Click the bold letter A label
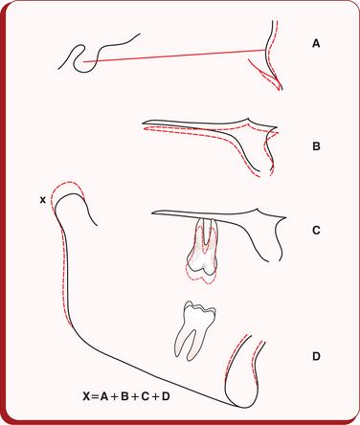tap(316, 43)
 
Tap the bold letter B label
tap(316, 146)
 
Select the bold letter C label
tap(316, 230)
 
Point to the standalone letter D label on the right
tap(316, 356)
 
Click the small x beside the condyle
tap(42, 200)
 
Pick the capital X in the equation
tap(87, 396)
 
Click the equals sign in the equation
tap(95, 396)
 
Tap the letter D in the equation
tap(165, 396)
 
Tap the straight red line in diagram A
tap(174, 56)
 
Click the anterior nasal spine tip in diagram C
tap(285, 218)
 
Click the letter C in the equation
tap(145, 396)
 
